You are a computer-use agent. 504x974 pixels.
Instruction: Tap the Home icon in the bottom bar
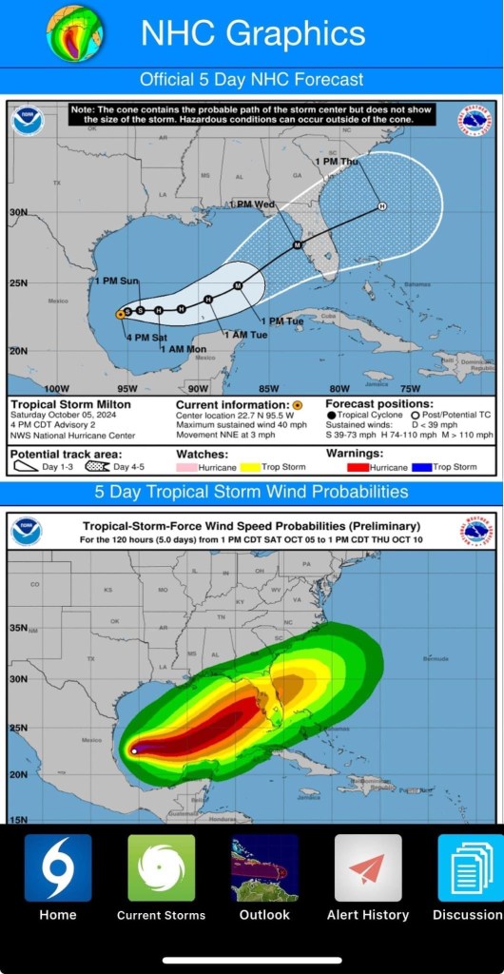58,867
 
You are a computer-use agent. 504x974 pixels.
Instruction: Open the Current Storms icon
161,867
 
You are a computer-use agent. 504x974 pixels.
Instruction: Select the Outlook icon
264,867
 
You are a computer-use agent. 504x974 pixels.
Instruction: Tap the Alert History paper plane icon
367,867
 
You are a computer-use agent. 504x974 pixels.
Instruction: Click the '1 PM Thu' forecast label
336,162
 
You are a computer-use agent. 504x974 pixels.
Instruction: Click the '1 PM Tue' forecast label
281,321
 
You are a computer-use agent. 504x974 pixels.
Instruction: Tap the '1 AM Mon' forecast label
184,349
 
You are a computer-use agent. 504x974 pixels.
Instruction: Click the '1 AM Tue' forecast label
244,334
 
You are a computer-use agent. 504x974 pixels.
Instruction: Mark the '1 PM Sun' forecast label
116,281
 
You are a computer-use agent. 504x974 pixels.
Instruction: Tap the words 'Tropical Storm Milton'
59,404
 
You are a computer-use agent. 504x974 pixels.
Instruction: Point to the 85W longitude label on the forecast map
269,388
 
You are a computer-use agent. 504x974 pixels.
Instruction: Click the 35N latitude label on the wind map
18,629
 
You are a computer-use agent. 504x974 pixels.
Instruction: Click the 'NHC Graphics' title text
253,33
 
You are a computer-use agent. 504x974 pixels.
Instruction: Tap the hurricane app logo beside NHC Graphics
76,31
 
